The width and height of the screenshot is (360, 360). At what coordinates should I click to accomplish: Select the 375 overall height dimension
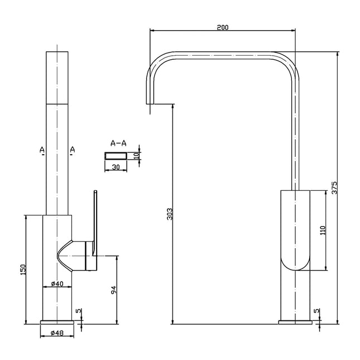pyautogui.click(x=334, y=188)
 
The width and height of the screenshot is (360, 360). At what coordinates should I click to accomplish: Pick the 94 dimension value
pyautogui.click(x=113, y=290)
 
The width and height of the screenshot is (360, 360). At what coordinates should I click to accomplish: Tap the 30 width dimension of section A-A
pyautogui.click(x=116, y=166)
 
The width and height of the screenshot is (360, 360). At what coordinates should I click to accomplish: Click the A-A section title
pyautogui.click(x=118, y=143)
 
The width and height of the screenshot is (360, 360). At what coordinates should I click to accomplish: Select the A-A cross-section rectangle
pyautogui.click(x=116, y=155)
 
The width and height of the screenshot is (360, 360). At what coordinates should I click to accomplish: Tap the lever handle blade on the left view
pyautogui.click(x=95, y=218)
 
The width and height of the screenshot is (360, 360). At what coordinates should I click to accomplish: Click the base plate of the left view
pyautogui.click(x=57, y=323)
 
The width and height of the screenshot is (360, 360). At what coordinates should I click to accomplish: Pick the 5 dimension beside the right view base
pyautogui.click(x=316, y=311)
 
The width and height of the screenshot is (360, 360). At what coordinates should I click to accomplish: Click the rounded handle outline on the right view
pyautogui.click(x=295, y=231)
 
